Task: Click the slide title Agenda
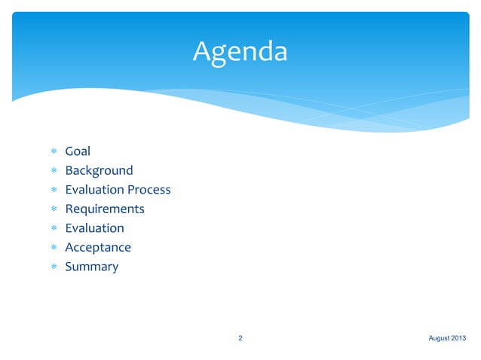click(240, 52)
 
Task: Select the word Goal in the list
click(78, 151)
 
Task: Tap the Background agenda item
click(99, 170)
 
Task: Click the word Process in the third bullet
click(149, 190)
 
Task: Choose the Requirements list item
click(105, 209)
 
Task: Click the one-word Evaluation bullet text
click(94, 228)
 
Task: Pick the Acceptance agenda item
click(98, 247)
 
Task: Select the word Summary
click(91, 267)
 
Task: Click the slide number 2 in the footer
click(240, 338)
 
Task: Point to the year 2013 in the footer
click(460, 338)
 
